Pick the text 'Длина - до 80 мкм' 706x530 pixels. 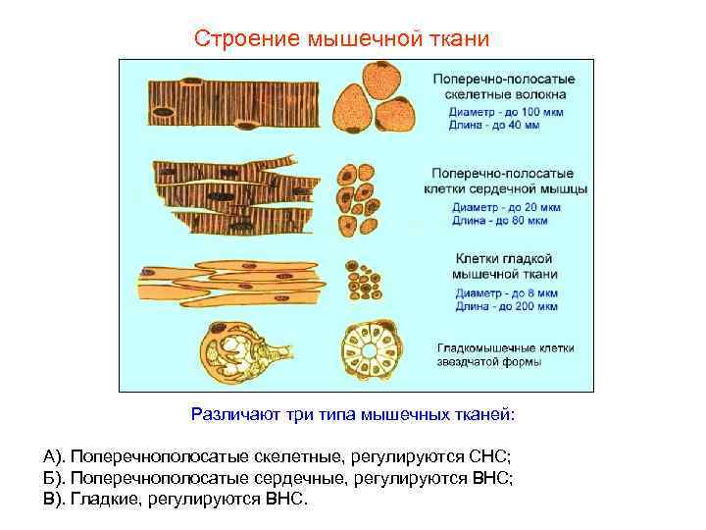click(x=499, y=221)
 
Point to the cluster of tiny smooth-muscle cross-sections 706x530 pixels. click(x=363, y=279)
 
